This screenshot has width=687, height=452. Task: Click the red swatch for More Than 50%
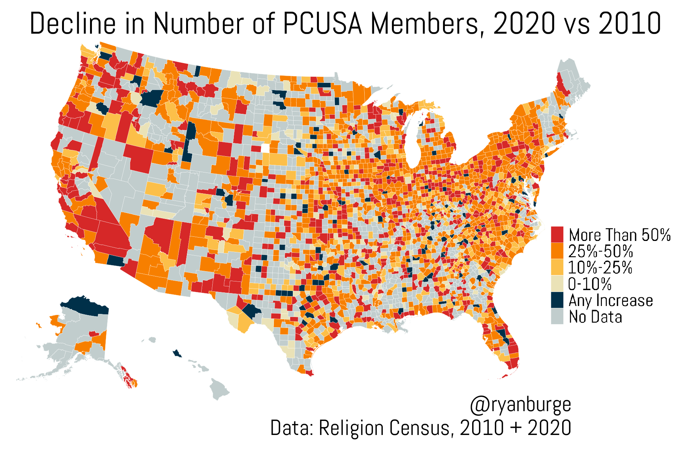click(557, 235)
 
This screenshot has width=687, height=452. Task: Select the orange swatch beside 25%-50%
click(557, 251)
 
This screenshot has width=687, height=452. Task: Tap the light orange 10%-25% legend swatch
click(557, 267)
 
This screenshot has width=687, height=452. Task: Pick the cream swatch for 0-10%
click(557, 283)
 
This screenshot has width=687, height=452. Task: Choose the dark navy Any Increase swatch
click(557, 300)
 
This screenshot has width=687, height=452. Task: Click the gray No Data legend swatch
click(557, 316)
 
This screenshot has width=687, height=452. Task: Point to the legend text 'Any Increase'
click(611, 301)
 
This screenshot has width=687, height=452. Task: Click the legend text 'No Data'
click(595, 317)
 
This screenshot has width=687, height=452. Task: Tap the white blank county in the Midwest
click(266, 148)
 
